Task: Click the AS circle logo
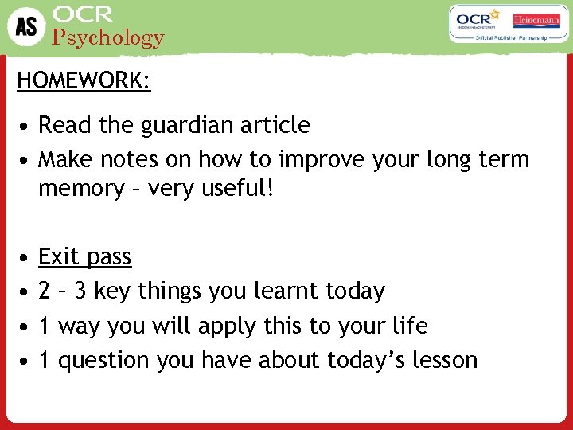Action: (25, 26)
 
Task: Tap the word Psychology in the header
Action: (107, 37)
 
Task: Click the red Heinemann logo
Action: (537, 19)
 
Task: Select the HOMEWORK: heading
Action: (84, 81)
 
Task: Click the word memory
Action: (80, 190)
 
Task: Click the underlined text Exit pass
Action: (84, 256)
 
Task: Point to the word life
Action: (411, 326)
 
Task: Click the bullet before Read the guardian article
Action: (26, 126)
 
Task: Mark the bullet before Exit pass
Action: (26, 257)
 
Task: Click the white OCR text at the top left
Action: (83, 14)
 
